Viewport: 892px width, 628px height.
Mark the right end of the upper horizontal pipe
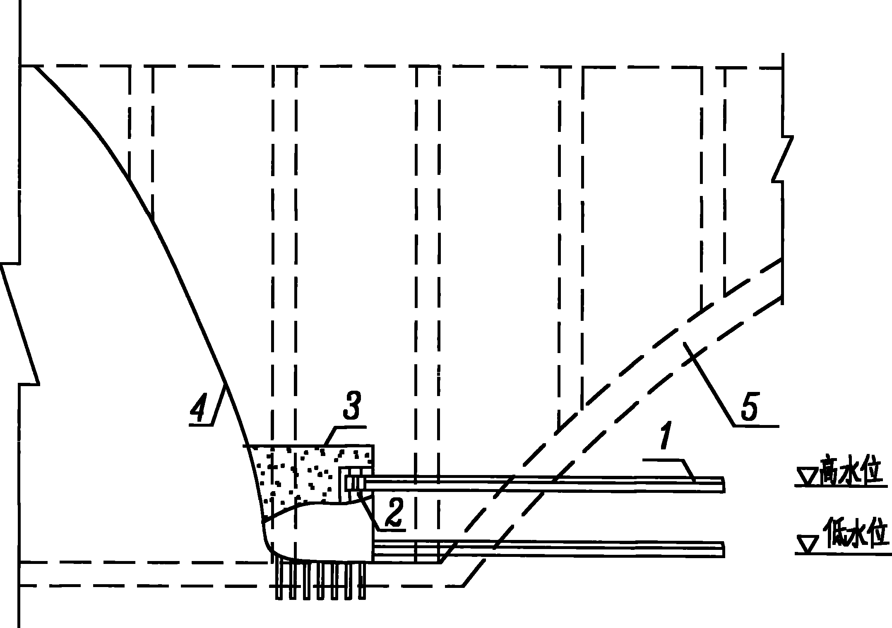point(724,485)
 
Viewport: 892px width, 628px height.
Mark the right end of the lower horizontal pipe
point(724,549)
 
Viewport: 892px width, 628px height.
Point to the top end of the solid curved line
point(34,66)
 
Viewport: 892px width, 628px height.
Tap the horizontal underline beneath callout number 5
point(757,425)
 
